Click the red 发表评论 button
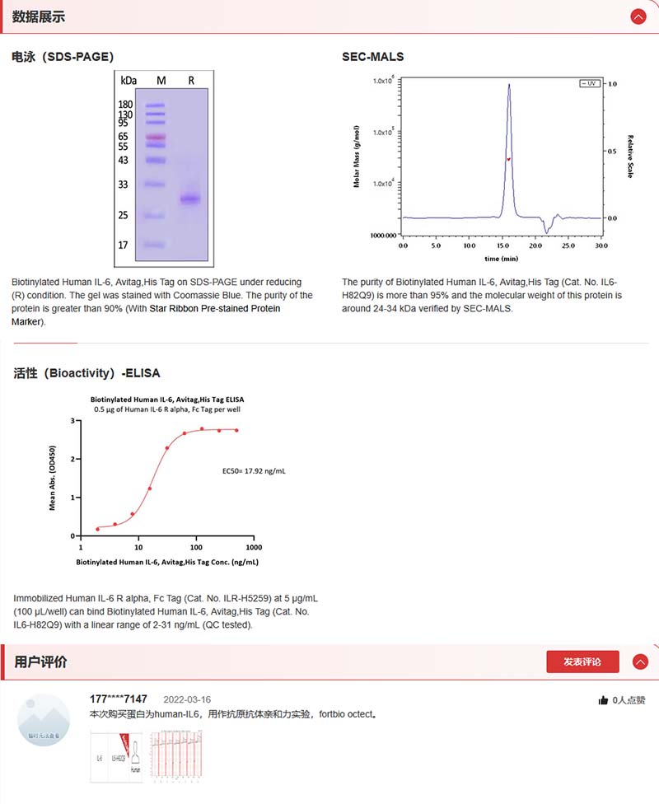[x=582, y=661]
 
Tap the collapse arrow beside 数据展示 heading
[x=638, y=16]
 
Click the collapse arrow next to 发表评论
[x=639, y=661]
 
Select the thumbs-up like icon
[x=603, y=700]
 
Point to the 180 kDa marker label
[x=125, y=105]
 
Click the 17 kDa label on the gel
[x=123, y=245]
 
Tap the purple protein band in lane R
[x=190, y=199]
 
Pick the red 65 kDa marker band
[x=156, y=136]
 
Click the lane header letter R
[x=191, y=80]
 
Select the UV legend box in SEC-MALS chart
[x=589, y=84]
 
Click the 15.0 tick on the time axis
[x=502, y=245]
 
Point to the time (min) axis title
[x=502, y=259]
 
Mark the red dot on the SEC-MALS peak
[x=509, y=159]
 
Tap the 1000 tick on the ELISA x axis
[x=254, y=548]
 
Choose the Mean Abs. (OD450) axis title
[x=53, y=479]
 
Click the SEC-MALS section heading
[x=373, y=57]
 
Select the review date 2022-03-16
[x=187, y=699]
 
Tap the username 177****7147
[x=119, y=699]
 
